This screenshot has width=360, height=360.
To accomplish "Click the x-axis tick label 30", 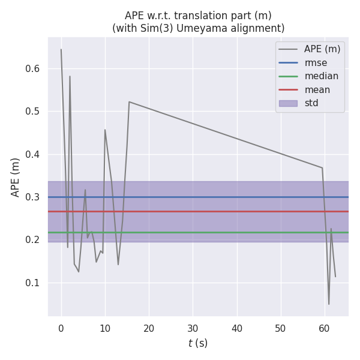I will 193,328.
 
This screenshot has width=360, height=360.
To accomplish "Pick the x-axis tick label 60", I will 325,328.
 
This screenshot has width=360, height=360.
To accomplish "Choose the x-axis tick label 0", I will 61,328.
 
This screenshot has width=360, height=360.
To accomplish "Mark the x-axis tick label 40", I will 236,328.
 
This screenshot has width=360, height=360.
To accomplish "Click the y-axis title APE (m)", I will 16,177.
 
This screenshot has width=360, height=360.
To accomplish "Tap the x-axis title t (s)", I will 198,343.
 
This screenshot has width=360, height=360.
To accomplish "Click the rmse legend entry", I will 316,62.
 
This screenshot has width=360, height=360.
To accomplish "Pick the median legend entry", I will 321,76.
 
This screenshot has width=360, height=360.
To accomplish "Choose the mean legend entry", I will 317,90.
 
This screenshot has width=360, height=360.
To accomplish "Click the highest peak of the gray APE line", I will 61,49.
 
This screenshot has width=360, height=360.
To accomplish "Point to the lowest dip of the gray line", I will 329,304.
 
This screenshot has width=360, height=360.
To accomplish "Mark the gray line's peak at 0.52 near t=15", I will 129,101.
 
